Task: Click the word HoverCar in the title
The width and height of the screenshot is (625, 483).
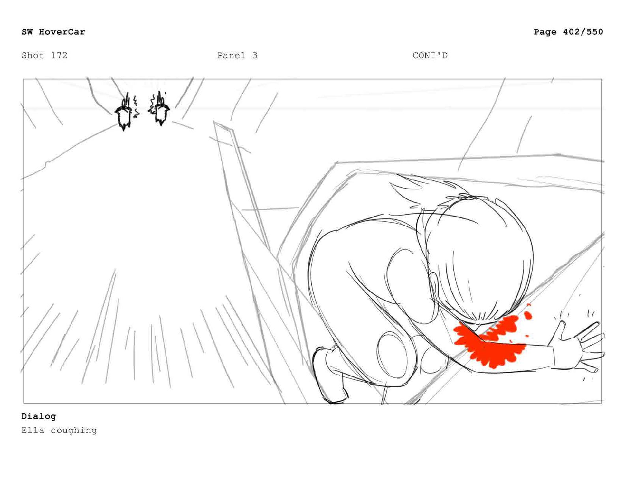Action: tap(62, 32)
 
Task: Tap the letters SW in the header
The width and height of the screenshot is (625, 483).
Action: tap(27, 32)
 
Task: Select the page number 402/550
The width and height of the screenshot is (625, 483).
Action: tap(583, 32)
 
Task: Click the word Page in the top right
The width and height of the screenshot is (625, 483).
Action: tap(545, 32)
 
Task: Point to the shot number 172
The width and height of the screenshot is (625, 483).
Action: tap(59, 55)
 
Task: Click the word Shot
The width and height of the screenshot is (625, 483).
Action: tap(33, 55)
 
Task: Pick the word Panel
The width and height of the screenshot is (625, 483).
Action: tap(231, 55)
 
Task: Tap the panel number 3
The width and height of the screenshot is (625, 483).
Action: tap(255, 55)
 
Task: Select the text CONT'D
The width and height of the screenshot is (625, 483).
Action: tap(430, 55)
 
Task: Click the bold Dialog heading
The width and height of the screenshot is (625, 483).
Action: tap(39, 416)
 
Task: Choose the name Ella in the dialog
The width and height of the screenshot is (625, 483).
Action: tap(33, 430)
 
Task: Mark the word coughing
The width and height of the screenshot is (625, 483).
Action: tap(74, 431)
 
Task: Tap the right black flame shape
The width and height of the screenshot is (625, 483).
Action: tap(160, 109)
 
